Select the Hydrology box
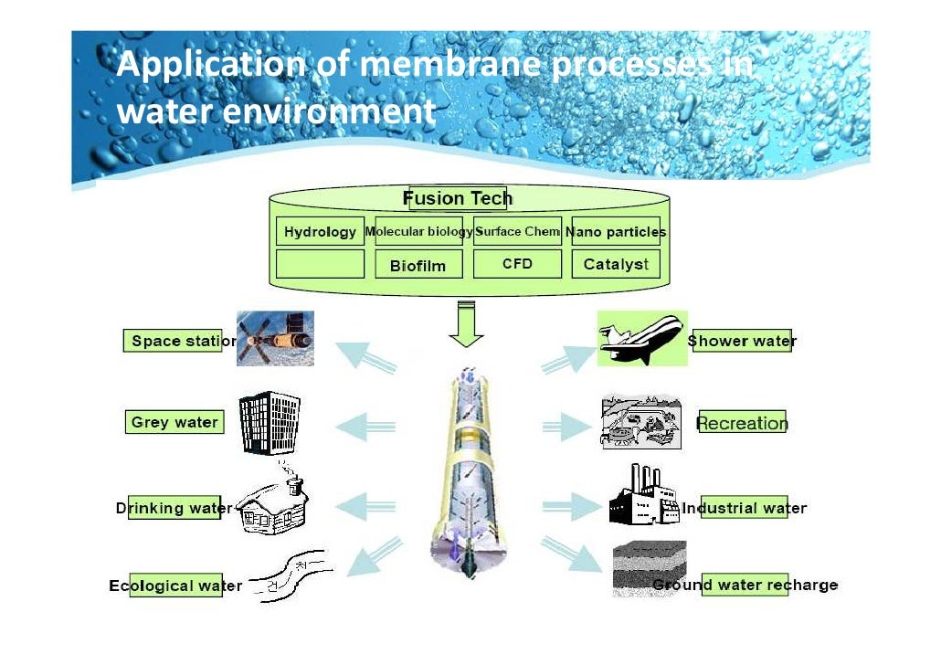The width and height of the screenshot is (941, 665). click(320, 232)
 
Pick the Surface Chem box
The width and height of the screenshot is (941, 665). click(517, 232)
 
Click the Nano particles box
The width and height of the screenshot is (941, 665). click(616, 232)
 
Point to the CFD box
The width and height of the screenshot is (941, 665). click(517, 264)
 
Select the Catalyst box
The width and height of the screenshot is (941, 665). click(616, 264)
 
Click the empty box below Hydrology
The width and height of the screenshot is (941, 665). click(320, 265)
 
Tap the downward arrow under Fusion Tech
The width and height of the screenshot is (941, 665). click(466, 324)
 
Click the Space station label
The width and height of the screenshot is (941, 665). click(179, 341)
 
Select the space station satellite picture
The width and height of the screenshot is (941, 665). click(275, 339)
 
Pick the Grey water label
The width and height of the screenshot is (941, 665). click(174, 422)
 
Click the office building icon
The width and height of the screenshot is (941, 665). click(270, 423)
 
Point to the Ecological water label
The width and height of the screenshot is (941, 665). click(176, 586)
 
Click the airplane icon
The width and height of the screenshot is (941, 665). click(642, 338)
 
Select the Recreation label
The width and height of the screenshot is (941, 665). click(742, 423)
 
